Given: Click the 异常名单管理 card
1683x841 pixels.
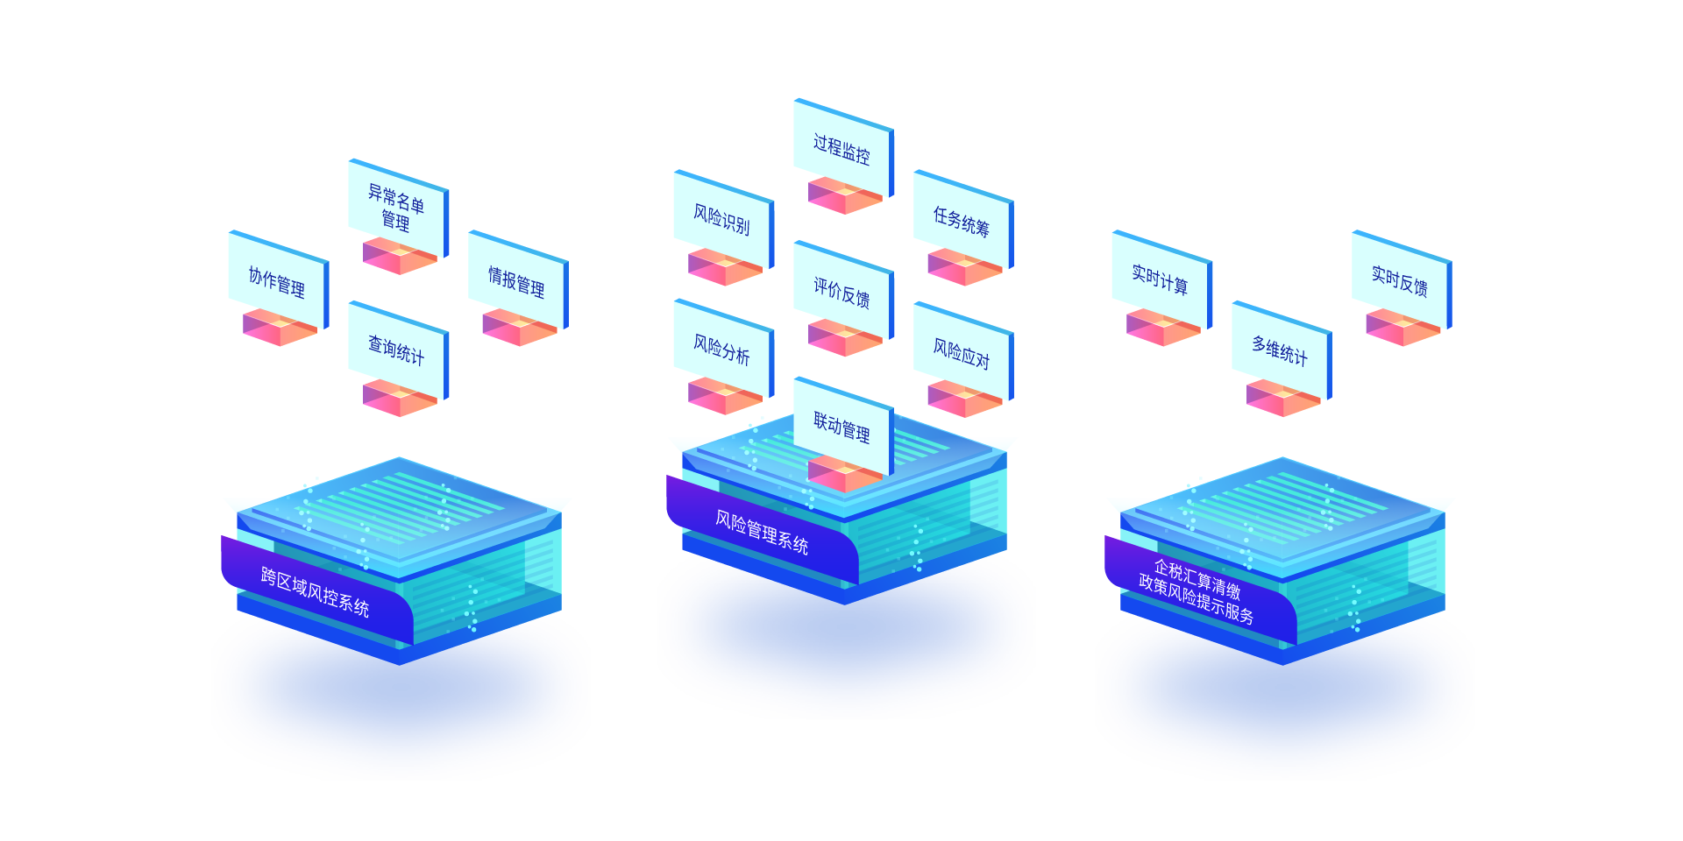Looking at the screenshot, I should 397,207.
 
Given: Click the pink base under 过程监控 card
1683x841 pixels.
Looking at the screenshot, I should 844,196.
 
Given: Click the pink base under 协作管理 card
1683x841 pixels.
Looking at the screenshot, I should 280,328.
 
